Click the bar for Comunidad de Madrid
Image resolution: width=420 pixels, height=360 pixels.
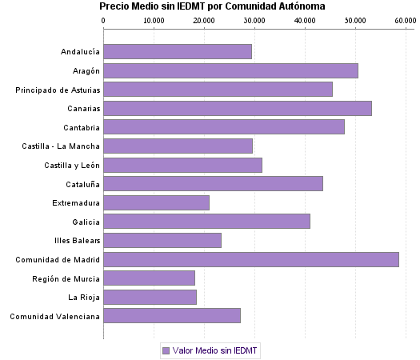pyautogui.click(x=251, y=259)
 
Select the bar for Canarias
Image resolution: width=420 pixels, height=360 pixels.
pyautogui.click(x=238, y=108)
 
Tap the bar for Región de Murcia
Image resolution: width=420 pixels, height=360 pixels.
pyautogui.click(x=149, y=278)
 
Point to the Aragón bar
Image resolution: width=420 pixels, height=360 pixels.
pyautogui.click(x=230, y=70)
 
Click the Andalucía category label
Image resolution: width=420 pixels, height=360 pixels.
pyautogui.click(x=80, y=52)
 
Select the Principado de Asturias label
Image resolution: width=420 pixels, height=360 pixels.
pyautogui.click(x=58, y=90)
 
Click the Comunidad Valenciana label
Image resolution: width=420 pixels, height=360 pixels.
pyautogui.click(x=54, y=316)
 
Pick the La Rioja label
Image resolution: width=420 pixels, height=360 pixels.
pyautogui.click(x=84, y=297)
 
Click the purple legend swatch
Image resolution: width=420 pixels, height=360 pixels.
pyautogui.click(x=166, y=350)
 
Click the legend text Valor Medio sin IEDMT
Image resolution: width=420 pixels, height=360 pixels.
pyautogui.click(x=216, y=350)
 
